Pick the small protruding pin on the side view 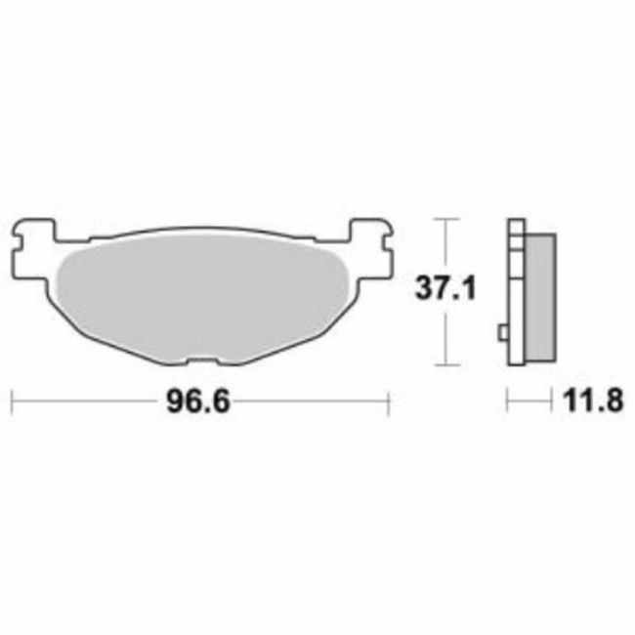(503, 333)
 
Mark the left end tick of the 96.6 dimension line (11, 402)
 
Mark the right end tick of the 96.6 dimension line (390, 402)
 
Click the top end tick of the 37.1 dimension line (445, 219)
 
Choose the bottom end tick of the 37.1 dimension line (445, 365)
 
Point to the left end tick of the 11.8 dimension (507, 402)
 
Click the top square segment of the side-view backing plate (514, 228)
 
